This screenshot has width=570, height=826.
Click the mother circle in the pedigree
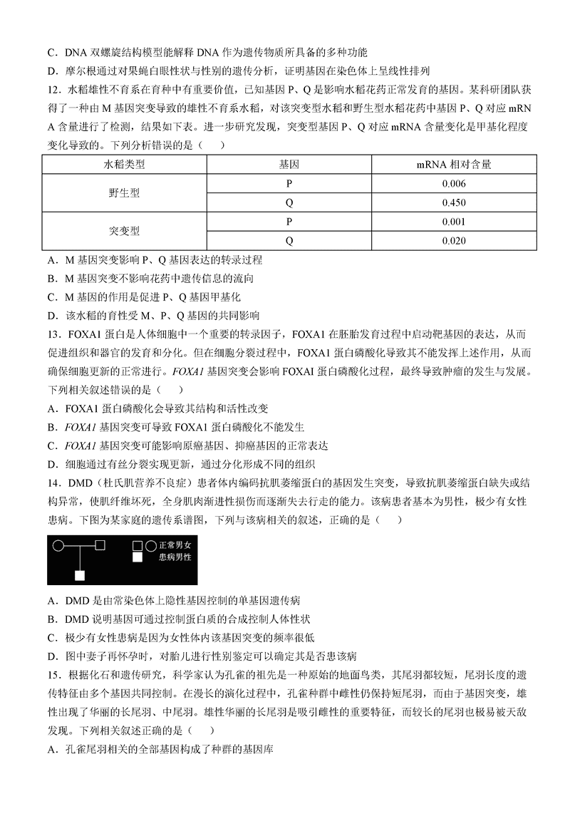pos(60,546)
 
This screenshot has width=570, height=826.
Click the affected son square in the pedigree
pos(81,574)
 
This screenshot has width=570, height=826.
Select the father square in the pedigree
pos(100,546)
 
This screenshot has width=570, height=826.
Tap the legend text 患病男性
pos(175,557)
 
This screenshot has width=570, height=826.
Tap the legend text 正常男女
pos(175,545)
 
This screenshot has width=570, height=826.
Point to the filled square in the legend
pos(138,558)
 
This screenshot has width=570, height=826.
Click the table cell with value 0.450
pos(454,202)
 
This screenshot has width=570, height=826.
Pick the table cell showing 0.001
pos(454,221)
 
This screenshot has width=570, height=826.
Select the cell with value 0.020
pos(454,240)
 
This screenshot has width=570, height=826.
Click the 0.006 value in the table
pos(454,183)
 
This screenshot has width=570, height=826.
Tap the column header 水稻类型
pos(124,165)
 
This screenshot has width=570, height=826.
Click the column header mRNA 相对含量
pos(454,165)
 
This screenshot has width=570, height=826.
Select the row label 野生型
pos(124,193)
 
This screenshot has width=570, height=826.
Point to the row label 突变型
pos(124,231)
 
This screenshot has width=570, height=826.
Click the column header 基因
pos(289,165)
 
